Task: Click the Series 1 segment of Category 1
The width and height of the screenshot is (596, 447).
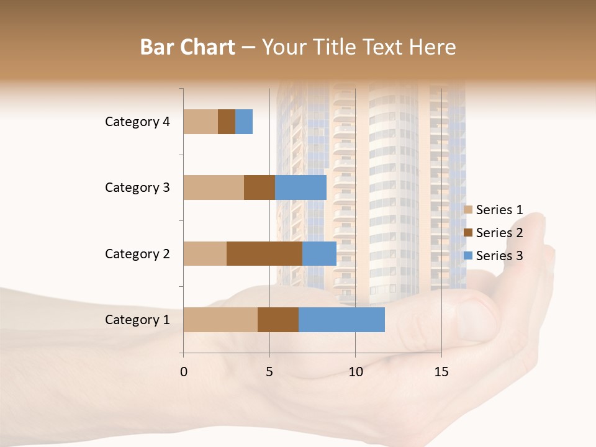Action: [220, 320]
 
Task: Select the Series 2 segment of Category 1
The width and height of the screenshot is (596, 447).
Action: [278, 320]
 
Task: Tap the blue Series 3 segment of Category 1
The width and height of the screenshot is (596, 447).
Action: [341, 320]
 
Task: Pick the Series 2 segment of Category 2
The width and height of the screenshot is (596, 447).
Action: [264, 253]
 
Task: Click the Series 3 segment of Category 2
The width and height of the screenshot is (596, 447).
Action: [319, 253]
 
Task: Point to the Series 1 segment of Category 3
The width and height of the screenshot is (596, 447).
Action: [214, 187]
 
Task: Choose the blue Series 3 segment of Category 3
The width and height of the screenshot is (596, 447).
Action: [300, 187]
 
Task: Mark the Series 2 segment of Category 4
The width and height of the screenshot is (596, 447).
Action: [227, 122]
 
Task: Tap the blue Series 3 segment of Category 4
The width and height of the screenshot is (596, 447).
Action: [244, 122]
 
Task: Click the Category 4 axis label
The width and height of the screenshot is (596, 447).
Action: [137, 122]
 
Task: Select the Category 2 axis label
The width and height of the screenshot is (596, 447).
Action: [137, 253]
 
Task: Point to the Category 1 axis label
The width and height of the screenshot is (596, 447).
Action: [137, 320]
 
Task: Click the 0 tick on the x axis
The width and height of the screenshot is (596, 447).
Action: [184, 372]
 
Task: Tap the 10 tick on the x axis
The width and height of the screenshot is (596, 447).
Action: [355, 372]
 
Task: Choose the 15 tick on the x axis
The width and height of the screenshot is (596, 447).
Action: [441, 372]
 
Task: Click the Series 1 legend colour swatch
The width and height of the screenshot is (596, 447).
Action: [468, 210]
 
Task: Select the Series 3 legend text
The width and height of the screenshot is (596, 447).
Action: [499, 256]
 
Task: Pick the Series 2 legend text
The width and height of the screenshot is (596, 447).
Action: [499, 233]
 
